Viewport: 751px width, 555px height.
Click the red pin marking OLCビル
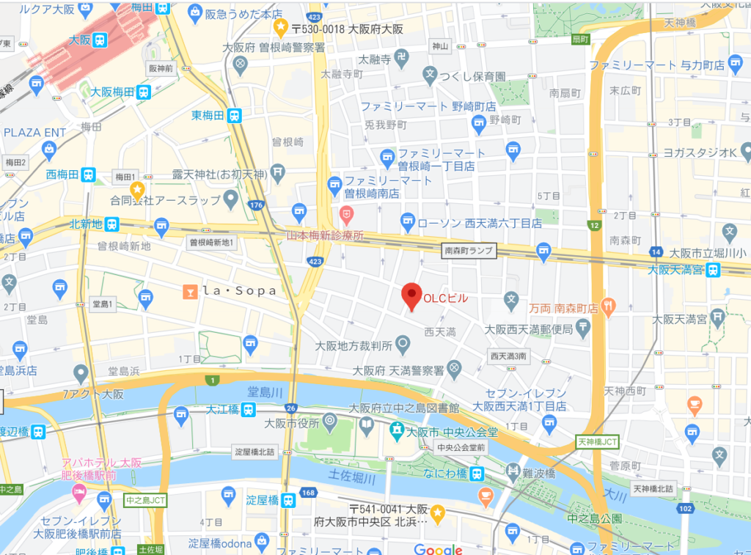pos(412,295)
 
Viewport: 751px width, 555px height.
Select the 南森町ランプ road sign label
pos(470,251)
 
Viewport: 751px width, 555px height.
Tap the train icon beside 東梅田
pos(234,115)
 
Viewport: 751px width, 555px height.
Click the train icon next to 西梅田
pos(88,174)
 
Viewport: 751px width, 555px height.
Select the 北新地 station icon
pos(111,224)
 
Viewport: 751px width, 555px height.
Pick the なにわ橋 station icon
pos(477,473)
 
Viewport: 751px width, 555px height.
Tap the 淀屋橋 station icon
pos(288,500)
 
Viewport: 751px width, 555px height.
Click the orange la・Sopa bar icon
pos(190,291)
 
